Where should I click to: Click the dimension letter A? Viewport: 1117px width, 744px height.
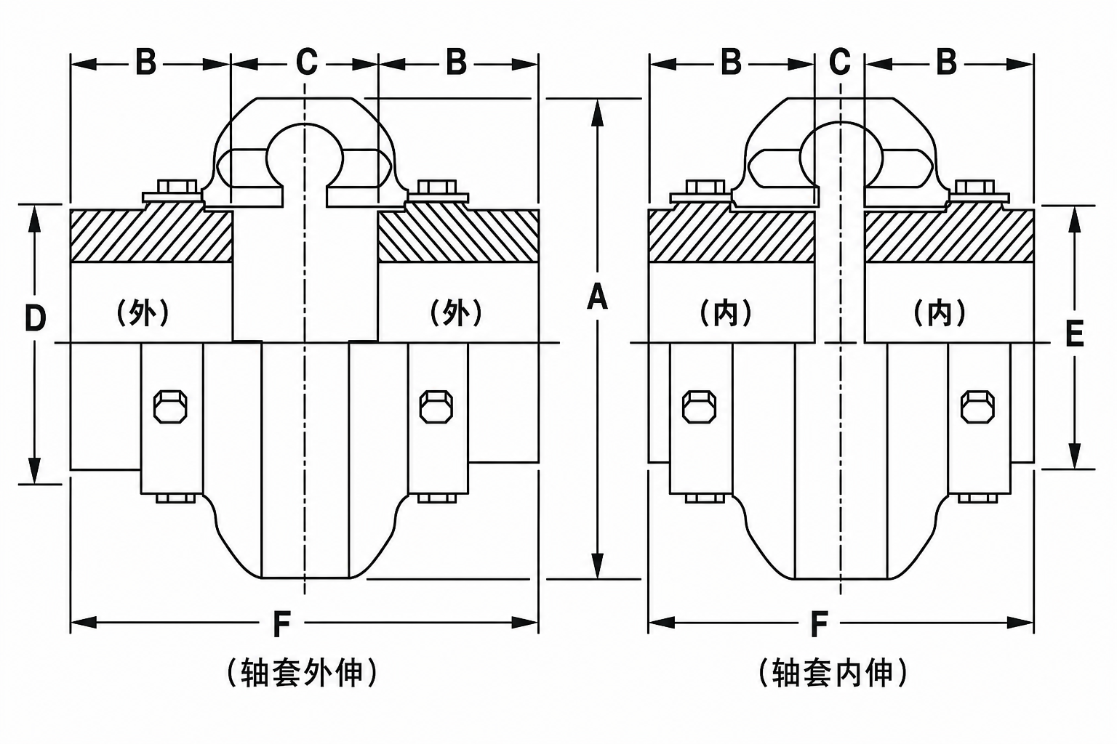pos(597,297)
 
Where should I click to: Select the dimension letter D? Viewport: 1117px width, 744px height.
pos(35,318)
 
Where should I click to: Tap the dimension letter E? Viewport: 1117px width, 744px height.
pos(1074,333)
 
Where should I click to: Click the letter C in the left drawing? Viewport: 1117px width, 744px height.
pos(307,62)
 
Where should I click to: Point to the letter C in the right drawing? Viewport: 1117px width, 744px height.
pos(840,62)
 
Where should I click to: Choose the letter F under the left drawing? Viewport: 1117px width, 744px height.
pos(281,624)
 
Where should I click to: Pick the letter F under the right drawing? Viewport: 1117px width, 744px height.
pos(820,624)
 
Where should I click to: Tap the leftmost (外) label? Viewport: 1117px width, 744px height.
pos(143,313)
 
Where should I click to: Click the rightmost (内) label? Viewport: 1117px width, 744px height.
pos(940,313)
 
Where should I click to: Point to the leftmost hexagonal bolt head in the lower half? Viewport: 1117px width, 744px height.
pos(171,407)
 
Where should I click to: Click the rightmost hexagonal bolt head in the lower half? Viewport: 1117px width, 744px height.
pos(977,407)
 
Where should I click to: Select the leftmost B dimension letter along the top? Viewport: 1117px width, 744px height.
pos(146,62)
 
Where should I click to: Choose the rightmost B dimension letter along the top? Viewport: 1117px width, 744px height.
pos(946,62)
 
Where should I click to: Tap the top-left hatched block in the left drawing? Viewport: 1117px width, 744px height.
pos(151,235)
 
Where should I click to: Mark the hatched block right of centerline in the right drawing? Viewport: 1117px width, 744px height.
pos(950,236)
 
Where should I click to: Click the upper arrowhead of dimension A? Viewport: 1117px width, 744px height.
pos(597,113)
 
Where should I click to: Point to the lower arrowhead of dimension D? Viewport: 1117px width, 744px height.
pos(34,470)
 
